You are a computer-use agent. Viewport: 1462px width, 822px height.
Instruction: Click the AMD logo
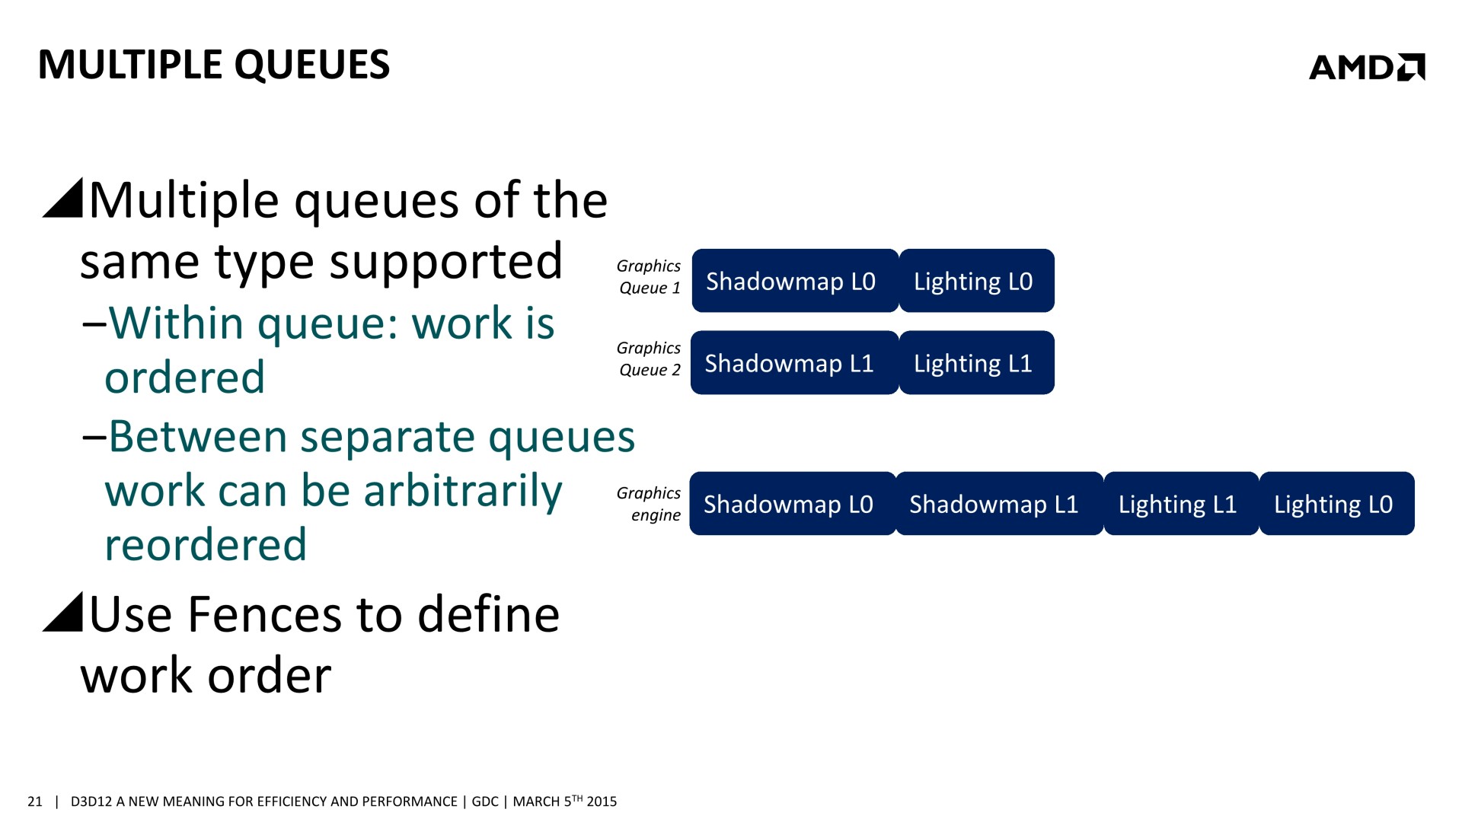(1367, 67)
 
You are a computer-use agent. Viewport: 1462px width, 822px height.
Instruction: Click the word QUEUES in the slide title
(312, 65)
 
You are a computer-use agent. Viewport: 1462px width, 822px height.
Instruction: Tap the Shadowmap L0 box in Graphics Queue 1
(795, 281)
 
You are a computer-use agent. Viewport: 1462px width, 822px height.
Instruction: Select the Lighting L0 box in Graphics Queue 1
(977, 281)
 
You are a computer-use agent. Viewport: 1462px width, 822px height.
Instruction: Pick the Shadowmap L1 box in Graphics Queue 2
(795, 363)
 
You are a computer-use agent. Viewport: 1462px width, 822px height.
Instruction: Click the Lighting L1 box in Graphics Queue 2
(977, 363)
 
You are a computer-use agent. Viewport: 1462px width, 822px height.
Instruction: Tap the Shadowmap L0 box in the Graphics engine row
(793, 504)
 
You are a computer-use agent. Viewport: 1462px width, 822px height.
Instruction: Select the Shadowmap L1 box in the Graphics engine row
(1000, 504)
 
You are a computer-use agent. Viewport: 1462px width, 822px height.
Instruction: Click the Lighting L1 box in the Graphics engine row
(1181, 504)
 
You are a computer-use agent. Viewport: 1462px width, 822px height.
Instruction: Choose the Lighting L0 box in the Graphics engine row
(1337, 504)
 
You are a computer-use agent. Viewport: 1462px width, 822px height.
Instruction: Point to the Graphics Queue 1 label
(649, 277)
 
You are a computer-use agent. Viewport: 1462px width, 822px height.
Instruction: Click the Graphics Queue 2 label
(649, 359)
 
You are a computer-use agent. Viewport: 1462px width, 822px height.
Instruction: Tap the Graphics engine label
(649, 504)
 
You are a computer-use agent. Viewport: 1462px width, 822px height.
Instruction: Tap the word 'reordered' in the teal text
(206, 545)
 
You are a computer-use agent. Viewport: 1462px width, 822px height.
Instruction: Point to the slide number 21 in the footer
(35, 801)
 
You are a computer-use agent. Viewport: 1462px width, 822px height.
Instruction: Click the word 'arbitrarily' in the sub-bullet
(463, 492)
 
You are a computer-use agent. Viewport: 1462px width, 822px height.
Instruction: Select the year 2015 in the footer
(602, 801)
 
